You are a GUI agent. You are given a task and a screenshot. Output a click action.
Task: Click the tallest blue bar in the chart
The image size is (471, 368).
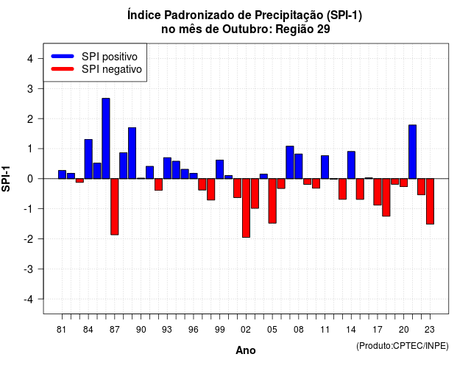point(106,138)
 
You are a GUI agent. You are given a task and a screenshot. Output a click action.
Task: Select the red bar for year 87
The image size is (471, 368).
point(115,207)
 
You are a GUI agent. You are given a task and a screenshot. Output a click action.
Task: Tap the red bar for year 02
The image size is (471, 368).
point(246,208)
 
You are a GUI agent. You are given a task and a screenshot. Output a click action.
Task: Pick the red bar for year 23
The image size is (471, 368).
point(430,201)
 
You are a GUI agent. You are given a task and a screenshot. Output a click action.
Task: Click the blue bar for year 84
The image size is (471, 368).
point(88,159)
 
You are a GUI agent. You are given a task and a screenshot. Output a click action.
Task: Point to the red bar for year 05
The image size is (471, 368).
point(272,201)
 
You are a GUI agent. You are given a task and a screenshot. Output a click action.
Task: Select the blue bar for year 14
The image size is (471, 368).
point(351,165)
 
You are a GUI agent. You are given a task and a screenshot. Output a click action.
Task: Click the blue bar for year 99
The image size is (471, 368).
point(219,169)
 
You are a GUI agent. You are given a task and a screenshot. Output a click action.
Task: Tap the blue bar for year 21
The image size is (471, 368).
point(412,152)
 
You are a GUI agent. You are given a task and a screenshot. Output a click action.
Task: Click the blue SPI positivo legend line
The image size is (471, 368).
point(63,56)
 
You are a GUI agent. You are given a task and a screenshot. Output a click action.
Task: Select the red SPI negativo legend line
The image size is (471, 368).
point(63,68)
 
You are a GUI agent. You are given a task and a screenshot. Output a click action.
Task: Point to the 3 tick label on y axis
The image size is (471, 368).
point(30,89)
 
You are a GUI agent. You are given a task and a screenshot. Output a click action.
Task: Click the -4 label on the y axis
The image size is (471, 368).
point(29,300)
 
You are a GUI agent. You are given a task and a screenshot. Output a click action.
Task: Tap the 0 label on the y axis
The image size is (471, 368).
point(30,179)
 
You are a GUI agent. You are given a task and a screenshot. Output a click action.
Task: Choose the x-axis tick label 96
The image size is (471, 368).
point(194,330)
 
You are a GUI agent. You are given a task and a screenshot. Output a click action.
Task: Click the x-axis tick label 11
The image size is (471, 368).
point(325,330)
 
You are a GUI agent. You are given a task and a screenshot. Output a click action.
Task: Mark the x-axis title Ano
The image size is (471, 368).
point(246,350)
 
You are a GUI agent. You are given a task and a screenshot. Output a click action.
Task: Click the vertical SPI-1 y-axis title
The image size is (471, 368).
point(6,179)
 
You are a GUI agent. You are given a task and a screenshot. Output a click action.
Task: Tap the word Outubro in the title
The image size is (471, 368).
point(247,29)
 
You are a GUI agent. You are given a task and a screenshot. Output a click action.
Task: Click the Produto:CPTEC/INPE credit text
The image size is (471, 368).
point(403,346)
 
